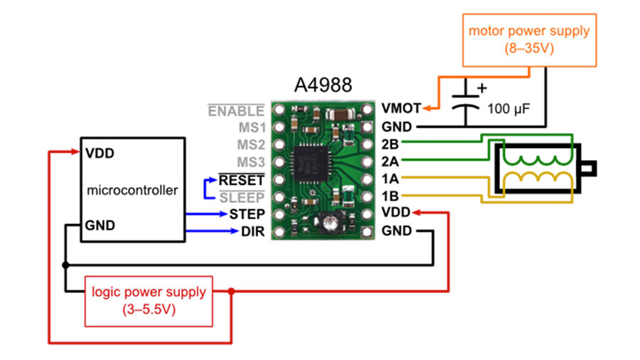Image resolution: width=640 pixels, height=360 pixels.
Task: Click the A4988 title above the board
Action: click(x=323, y=85)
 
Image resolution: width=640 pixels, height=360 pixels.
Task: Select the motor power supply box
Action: click(x=529, y=40)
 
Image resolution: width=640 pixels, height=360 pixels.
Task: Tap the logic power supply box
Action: click(x=149, y=301)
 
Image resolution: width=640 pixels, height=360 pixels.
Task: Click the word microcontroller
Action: click(x=132, y=190)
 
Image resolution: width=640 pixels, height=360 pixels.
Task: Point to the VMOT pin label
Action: click(x=401, y=108)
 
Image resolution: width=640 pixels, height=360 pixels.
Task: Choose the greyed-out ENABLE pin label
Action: click(x=236, y=110)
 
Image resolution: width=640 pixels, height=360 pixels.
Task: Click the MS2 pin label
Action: click(x=251, y=144)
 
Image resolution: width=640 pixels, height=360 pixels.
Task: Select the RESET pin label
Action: click(x=242, y=180)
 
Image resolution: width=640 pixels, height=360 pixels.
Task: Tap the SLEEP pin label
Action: click(x=242, y=198)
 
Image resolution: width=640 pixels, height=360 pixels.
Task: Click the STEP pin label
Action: click(x=247, y=214)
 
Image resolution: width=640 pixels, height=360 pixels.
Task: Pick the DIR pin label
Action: click(x=252, y=231)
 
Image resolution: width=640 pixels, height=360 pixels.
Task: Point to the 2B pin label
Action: click(x=390, y=144)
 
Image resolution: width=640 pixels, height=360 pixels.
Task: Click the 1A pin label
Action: click(x=390, y=179)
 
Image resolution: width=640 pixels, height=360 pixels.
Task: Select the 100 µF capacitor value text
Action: click(x=508, y=109)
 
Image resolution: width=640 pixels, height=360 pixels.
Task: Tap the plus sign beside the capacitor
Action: click(x=482, y=88)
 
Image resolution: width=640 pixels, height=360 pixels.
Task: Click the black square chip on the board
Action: click(x=311, y=162)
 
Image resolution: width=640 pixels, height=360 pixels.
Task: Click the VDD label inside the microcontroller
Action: click(x=100, y=154)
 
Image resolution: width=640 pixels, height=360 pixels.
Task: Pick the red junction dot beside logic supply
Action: click(x=231, y=292)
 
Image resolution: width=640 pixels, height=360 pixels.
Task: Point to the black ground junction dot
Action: click(x=65, y=265)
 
